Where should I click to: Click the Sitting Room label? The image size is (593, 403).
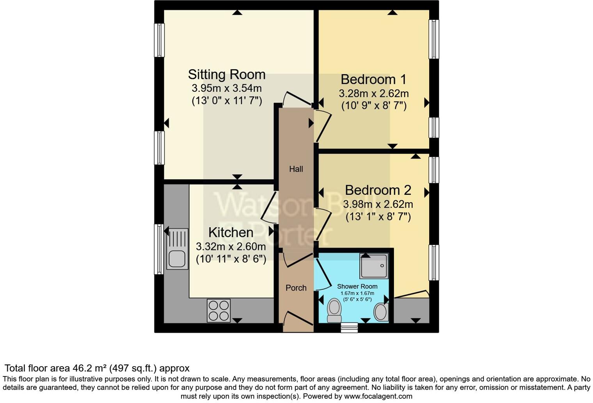coord(226,74)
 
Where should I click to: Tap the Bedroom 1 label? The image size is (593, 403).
coord(373,79)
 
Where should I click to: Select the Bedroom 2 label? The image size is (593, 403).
coord(378,190)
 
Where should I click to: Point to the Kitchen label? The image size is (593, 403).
coord(231,232)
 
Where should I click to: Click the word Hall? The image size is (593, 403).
coord(296,169)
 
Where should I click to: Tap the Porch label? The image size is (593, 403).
coord(296,288)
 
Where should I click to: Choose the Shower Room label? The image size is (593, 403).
coord(357,286)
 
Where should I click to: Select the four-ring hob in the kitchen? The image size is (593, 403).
coord(218,310)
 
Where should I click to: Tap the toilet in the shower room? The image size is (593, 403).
coord(334,310)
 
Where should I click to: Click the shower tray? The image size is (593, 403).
coord(374,266)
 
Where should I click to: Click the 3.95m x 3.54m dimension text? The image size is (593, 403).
coord(226,88)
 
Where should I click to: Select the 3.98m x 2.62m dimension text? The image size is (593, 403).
coord(378,204)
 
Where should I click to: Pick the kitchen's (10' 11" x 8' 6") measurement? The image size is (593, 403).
coord(231,259)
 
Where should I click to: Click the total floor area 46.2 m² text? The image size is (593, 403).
coord(97,368)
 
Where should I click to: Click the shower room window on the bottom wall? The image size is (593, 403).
coord(349,328)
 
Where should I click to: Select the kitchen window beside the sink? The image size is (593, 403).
coord(159,249)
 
